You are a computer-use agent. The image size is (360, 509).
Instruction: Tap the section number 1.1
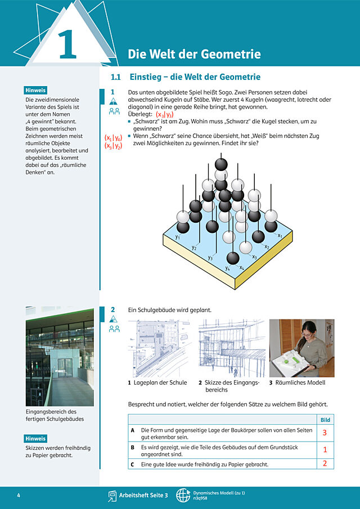coord(115,77)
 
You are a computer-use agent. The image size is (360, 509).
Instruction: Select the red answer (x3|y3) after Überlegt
coord(165,115)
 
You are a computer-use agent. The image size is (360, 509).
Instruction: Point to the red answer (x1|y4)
coord(113,138)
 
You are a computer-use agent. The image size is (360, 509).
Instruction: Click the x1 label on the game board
coord(280,235)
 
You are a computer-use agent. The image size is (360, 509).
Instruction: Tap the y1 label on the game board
coord(178,237)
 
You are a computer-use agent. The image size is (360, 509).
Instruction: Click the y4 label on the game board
coord(228,268)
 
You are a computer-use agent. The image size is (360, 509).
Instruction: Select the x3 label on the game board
coord(254,257)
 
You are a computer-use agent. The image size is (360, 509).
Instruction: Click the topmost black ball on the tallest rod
coord(221,164)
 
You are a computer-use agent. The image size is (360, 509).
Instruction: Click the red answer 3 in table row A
coord(325,433)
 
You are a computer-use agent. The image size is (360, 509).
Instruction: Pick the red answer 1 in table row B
coord(325,450)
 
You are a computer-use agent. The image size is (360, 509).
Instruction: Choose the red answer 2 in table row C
coord(325,463)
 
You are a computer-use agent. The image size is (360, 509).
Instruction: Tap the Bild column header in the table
coord(325,420)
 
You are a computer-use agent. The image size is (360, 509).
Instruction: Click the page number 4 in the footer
coord(19,496)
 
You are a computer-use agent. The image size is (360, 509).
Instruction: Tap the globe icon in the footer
coord(183,496)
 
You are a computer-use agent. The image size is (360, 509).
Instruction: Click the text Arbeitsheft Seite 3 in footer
coord(143,496)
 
